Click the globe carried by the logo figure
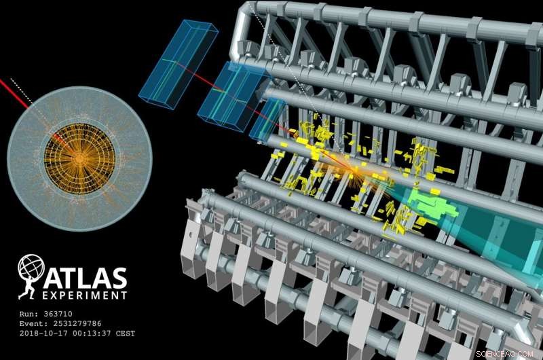(31, 267)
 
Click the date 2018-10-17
(41, 334)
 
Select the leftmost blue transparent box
(178, 62)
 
